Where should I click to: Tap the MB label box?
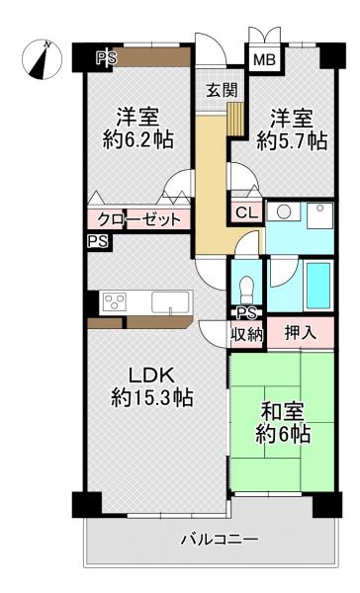pos(263,60)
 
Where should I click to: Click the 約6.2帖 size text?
pos(138,139)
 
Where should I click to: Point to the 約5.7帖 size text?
pos(292,140)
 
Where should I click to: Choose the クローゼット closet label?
pos(138,218)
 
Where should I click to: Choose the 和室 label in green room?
pos(282,407)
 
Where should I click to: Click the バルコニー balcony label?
pos(219,540)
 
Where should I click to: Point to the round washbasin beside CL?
pos(284,212)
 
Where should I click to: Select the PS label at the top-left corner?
pos(106,58)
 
